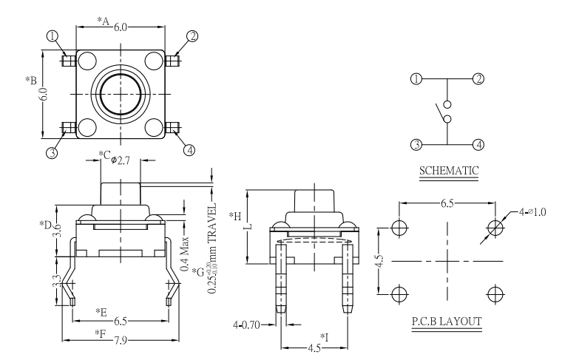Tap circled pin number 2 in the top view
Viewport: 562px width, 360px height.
click(x=192, y=35)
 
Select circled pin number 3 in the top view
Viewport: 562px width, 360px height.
click(x=52, y=153)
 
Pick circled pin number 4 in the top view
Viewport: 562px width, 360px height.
click(x=190, y=150)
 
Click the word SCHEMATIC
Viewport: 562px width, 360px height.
click(x=448, y=171)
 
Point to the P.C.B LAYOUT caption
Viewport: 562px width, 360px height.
click(x=446, y=322)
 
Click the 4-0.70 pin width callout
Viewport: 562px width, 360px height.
click(x=249, y=324)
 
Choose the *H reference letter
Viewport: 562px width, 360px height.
click(x=235, y=216)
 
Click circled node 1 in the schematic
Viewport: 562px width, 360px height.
click(x=417, y=79)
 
